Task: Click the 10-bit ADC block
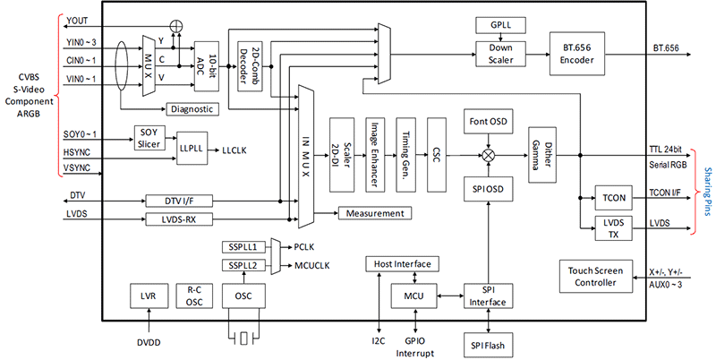pos(207,64)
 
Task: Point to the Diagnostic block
pos(192,108)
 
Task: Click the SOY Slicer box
pos(148,136)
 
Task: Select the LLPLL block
pos(191,143)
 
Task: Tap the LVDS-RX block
pos(184,219)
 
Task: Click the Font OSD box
pos(488,121)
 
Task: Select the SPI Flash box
pos(488,344)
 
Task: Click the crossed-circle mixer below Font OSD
pos(488,154)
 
